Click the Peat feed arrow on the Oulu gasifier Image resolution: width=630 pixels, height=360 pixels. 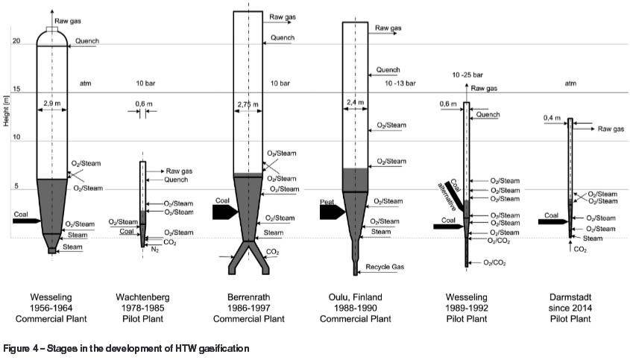331,212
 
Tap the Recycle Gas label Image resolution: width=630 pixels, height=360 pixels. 385,265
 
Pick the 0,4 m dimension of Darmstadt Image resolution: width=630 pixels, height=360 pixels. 552,118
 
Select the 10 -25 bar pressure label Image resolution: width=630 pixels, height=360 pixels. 468,75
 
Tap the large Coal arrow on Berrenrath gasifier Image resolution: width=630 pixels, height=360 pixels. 222,211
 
